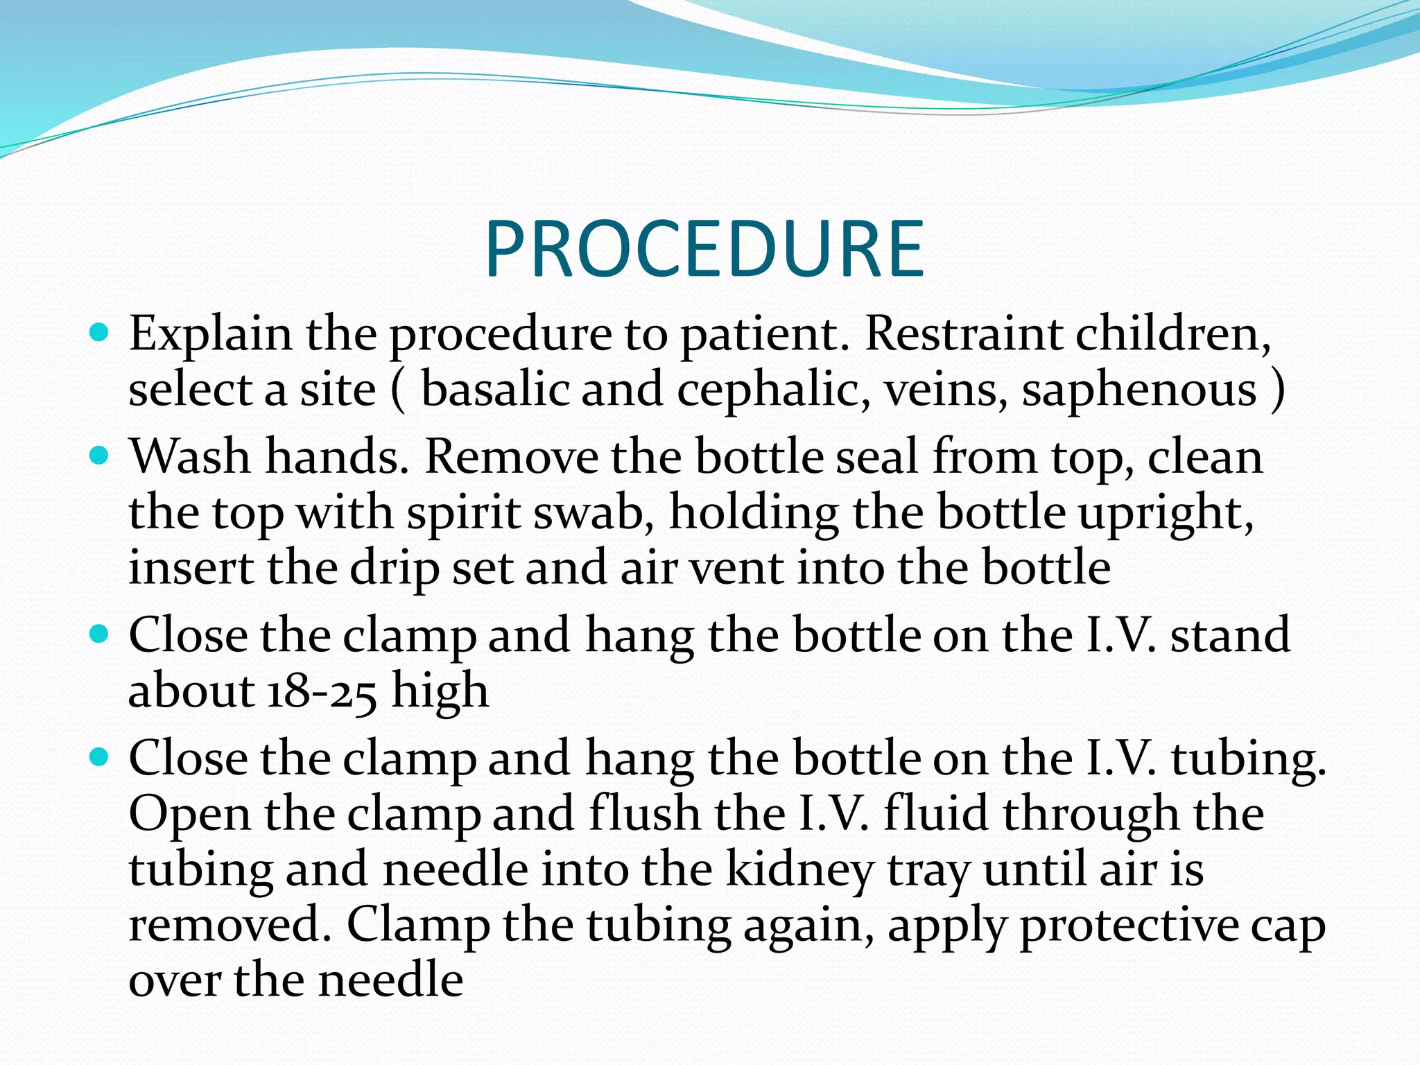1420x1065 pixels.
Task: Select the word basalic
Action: point(495,390)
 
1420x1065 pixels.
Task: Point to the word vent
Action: point(736,569)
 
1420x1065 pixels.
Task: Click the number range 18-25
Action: point(322,691)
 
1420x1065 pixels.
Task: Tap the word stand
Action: point(1230,635)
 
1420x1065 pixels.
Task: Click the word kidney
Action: point(799,871)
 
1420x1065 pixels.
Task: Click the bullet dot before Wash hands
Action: point(100,456)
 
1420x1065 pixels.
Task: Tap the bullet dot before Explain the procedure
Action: point(100,333)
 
